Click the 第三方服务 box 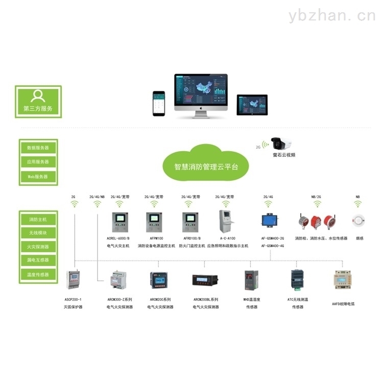pos(38,101)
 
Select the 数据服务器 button pos(38,148)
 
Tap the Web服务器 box pos(38,176)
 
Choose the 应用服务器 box pos(38,162)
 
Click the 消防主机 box pos(38,220)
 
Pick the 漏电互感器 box pos(38,260)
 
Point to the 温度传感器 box pos(38,275)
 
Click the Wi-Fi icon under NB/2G pos(317,204)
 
